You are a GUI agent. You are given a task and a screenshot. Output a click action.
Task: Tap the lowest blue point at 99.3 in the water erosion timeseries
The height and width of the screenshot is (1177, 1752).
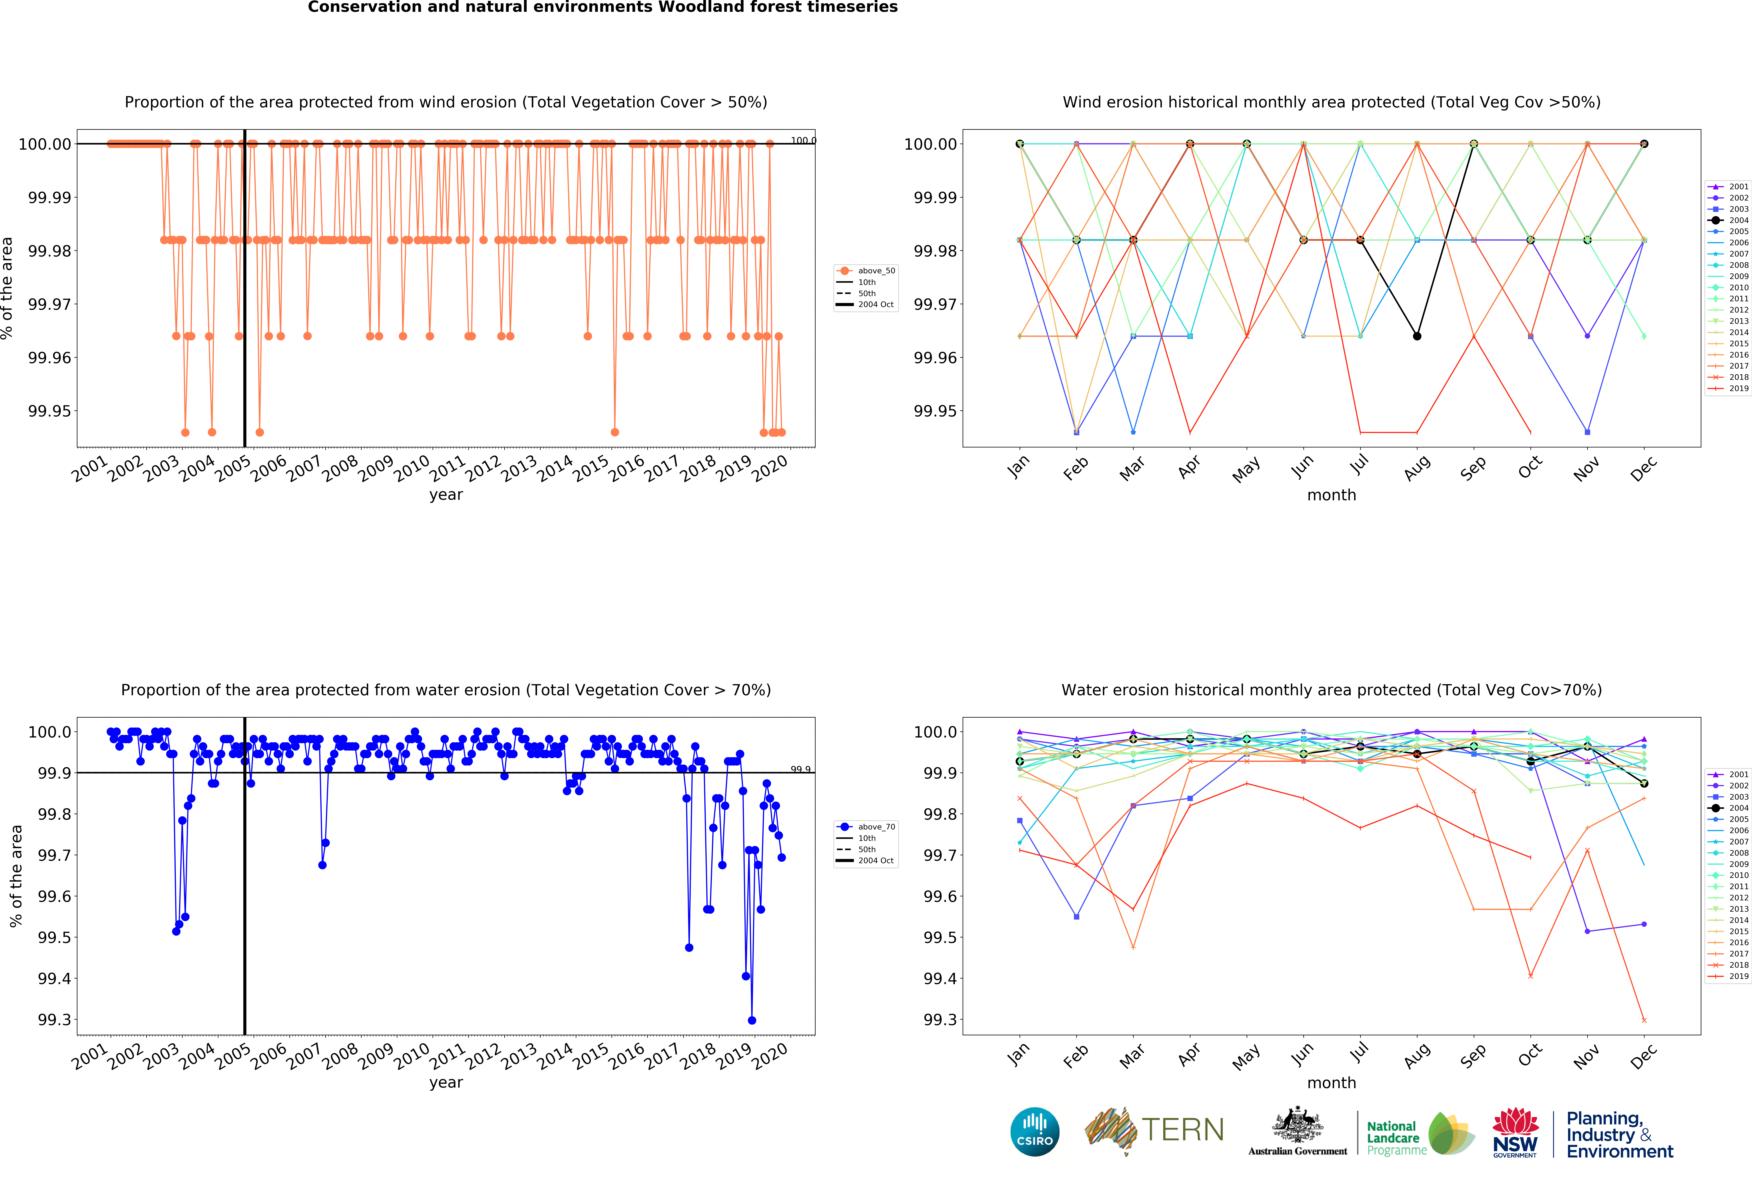tap(751, 1020)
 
